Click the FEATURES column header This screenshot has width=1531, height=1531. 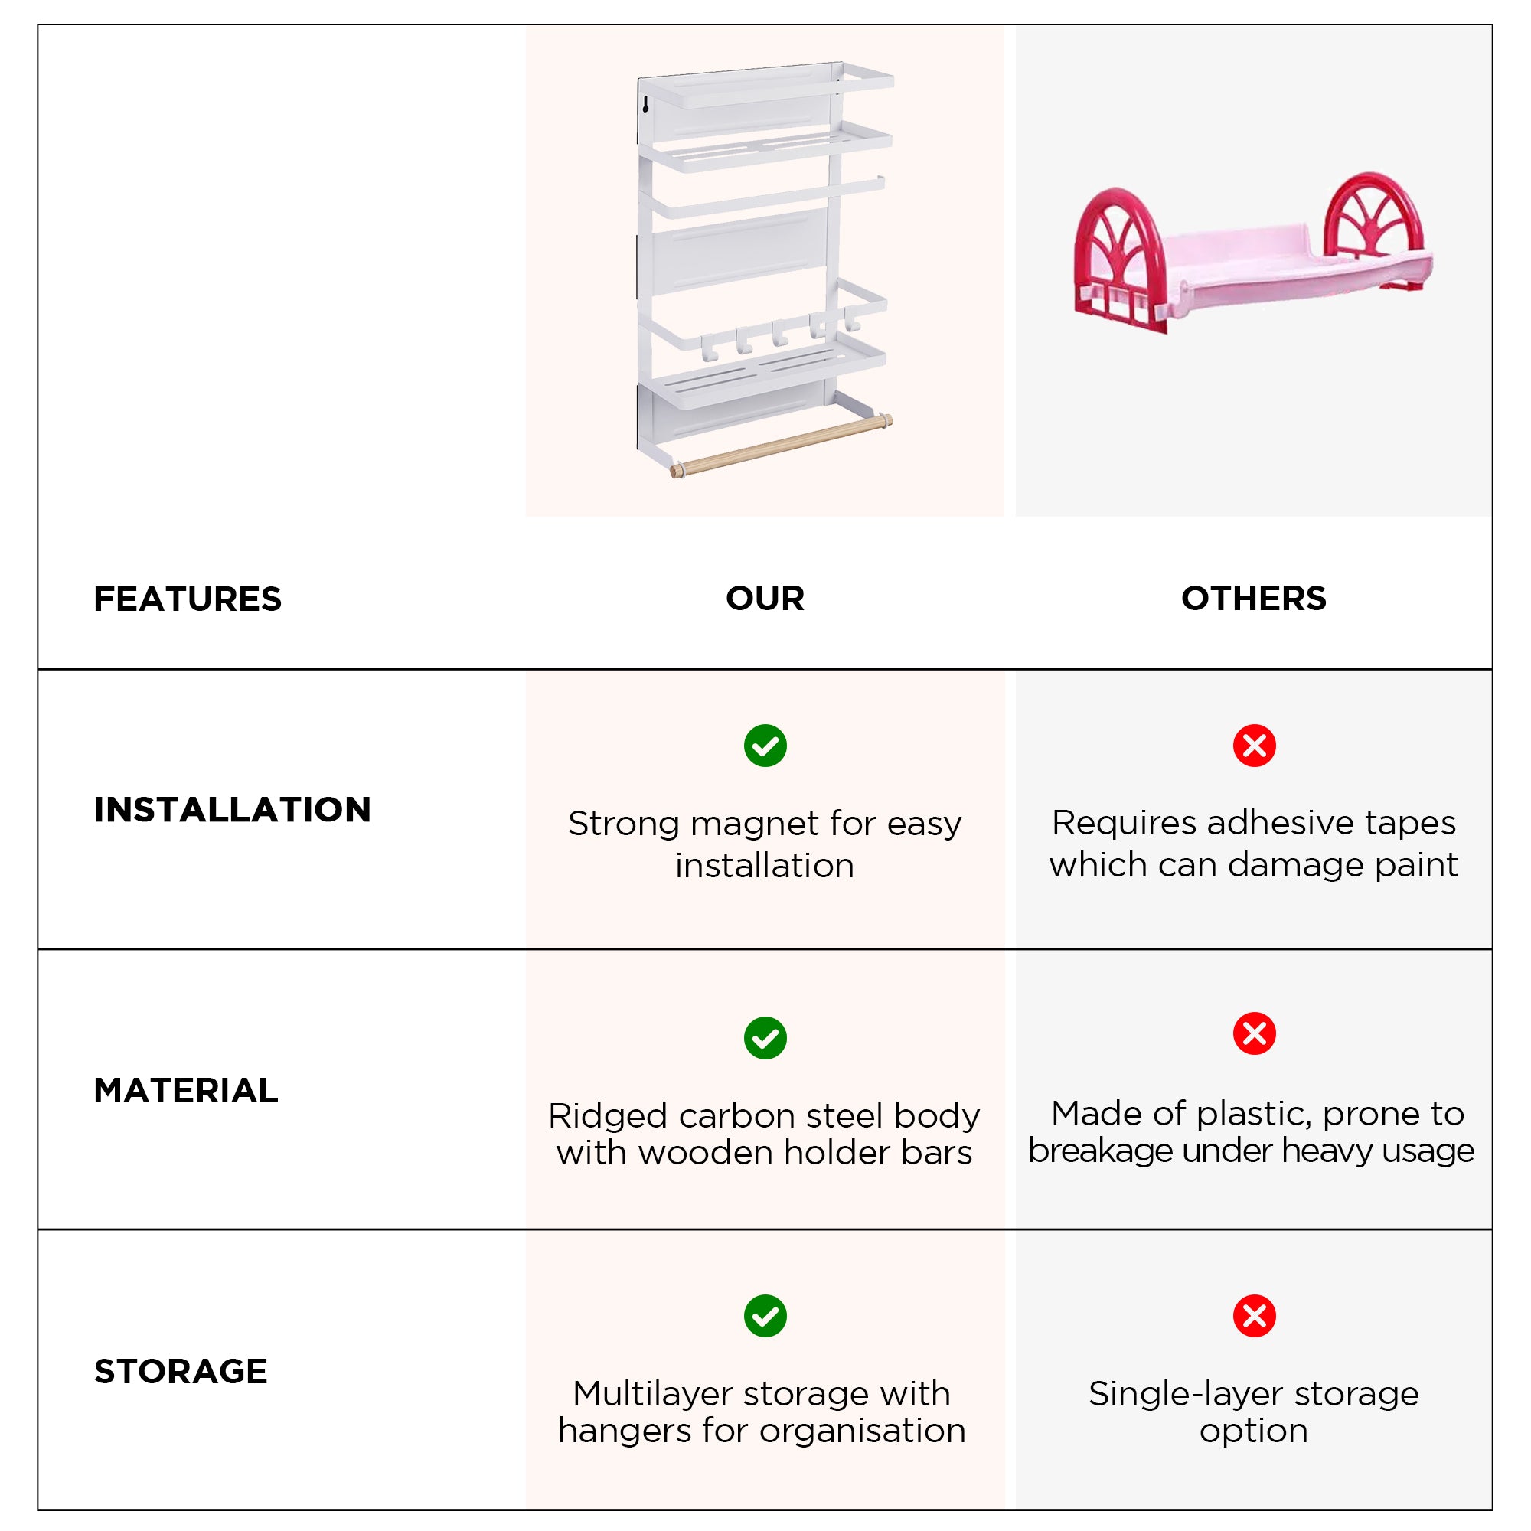(187, 599)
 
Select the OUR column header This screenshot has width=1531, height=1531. (765, 599)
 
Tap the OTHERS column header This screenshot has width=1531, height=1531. (1253, 599)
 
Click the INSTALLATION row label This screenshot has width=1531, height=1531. (232, 809)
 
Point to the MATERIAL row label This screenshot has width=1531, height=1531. (186, 1090)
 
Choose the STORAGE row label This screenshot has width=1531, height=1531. (181, 1371)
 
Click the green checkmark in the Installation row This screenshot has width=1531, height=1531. (765, 745)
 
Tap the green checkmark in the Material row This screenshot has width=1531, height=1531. (765, 1037)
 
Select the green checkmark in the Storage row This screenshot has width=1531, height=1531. (765, 1315)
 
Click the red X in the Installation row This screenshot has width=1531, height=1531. (1254, 745)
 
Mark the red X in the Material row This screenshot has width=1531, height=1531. (1254, 1033)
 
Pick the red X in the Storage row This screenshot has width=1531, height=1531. (1254, 1315)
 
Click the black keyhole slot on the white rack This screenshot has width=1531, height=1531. (645, 105)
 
